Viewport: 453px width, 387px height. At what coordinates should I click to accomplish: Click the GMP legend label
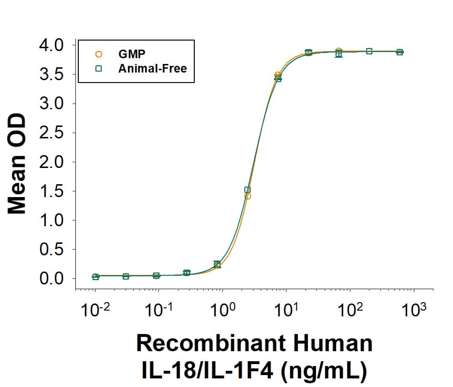(132, 53)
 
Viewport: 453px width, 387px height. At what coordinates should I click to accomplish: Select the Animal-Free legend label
(152, 68)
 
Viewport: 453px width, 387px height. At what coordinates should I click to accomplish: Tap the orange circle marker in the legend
(99, 54)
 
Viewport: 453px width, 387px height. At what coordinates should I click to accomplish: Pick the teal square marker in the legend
(99, 68)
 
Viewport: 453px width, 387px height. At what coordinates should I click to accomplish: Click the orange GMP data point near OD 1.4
(247, 196)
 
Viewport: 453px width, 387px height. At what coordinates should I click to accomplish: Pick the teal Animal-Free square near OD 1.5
(247, 189)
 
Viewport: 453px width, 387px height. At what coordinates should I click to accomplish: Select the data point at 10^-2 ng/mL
(95, 276)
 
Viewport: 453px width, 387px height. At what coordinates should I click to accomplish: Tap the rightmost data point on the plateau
(400, 52)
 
